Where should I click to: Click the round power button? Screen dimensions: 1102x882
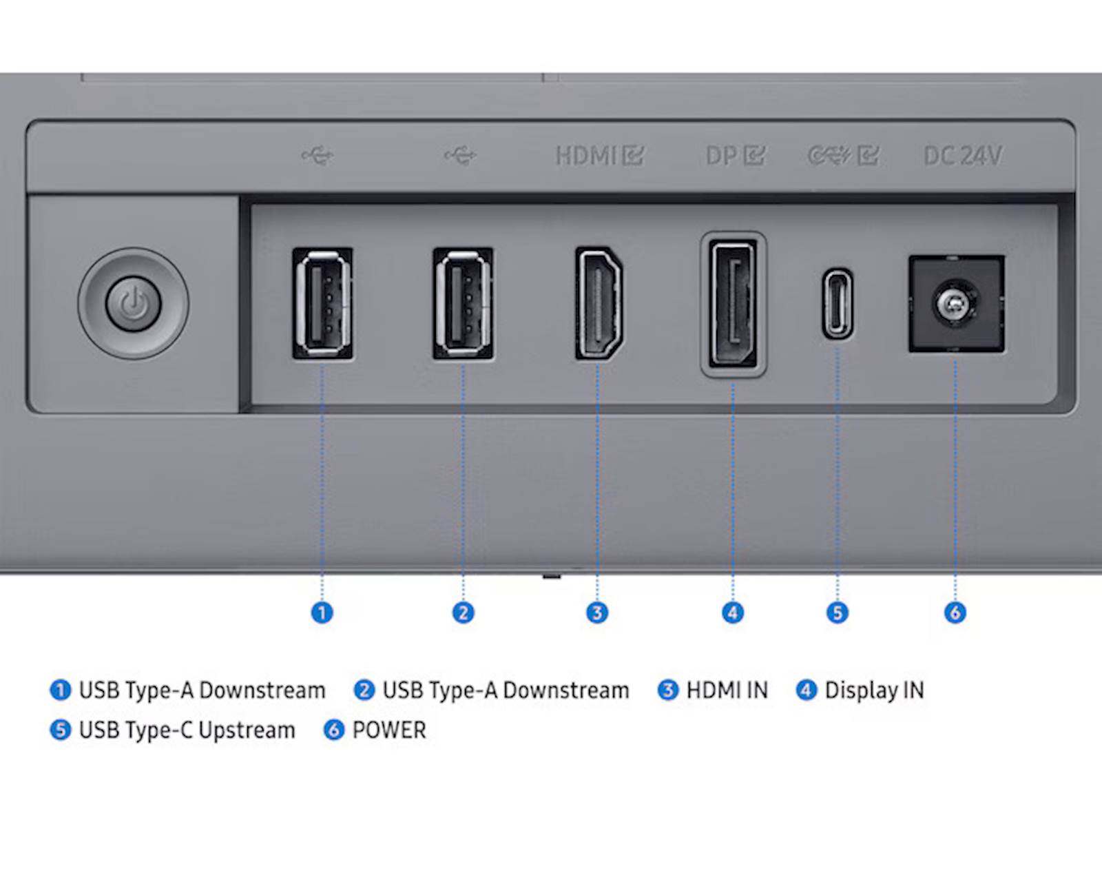coord(133,304)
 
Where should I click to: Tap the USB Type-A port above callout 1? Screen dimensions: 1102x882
coord(322,303)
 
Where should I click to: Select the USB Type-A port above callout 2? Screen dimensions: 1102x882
coord(463,303)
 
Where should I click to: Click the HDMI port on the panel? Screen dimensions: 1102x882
coord(599,303)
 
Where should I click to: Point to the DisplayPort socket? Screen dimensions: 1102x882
coord(733,304)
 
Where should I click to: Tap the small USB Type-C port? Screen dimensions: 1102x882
coord(838,304)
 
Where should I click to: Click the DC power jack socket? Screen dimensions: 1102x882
coord(956,304)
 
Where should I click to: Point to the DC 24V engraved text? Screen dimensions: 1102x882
coord(963,156)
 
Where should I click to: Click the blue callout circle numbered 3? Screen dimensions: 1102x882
coord(597,613)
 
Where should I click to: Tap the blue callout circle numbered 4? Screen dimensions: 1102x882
coord(733,613)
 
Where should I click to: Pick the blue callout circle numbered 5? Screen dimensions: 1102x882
coord(838,613)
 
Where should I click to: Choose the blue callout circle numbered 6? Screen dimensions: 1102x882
coord(955,613)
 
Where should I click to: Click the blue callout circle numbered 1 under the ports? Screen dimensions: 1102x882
coord(322,613)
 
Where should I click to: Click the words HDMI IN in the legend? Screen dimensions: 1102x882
coord(727,690)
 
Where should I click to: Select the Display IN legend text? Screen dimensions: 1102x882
coord(875,690)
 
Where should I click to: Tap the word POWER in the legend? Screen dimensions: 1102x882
coord(389,730)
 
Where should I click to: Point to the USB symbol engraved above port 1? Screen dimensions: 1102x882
coord(318,155)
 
